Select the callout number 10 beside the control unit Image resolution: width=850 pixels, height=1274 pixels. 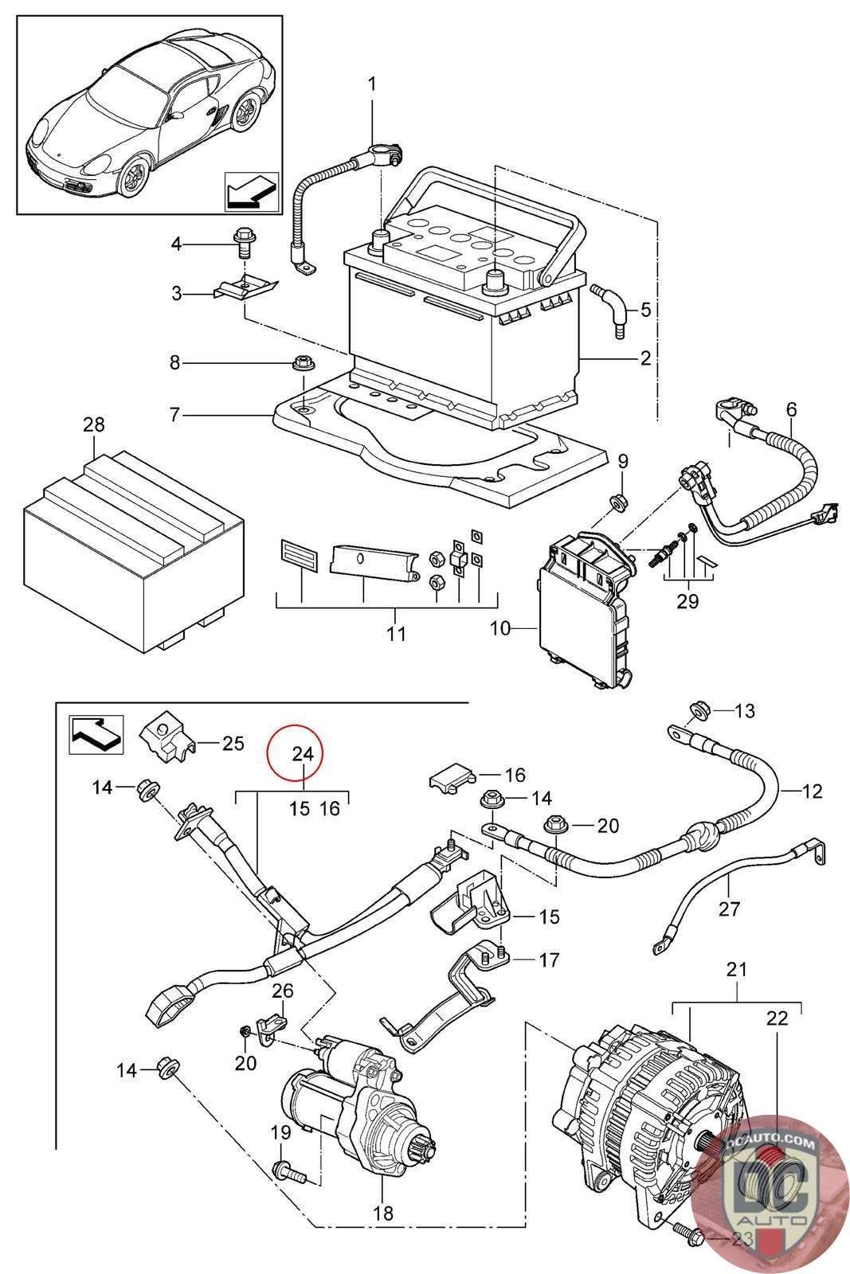point(500,628)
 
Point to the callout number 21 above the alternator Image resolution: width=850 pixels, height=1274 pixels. point(736,969)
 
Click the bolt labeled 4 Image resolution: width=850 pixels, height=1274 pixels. point(241,241)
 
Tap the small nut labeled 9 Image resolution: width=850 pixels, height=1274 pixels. point(617,501)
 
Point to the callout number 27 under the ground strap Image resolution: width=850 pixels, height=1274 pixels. point(729,908)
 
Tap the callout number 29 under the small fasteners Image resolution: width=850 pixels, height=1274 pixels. point(687,601)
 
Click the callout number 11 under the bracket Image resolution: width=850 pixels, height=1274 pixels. point(396,634)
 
